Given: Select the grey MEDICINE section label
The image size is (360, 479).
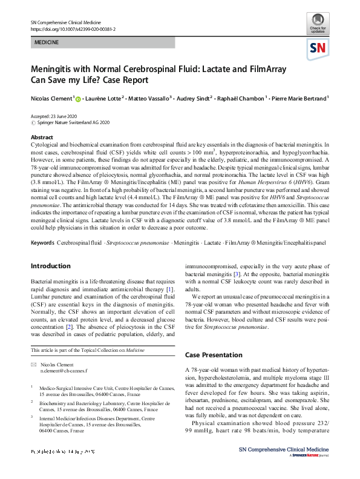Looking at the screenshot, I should [46, 44].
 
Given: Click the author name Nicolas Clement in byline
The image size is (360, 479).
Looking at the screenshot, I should [51, 98].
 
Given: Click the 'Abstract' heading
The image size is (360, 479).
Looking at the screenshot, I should [42, 137].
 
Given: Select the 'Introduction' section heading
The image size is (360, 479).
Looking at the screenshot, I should [50, 266].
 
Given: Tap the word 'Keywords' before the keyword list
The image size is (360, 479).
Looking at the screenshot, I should [42, 243].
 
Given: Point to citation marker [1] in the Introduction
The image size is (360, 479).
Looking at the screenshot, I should [170, 288].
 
